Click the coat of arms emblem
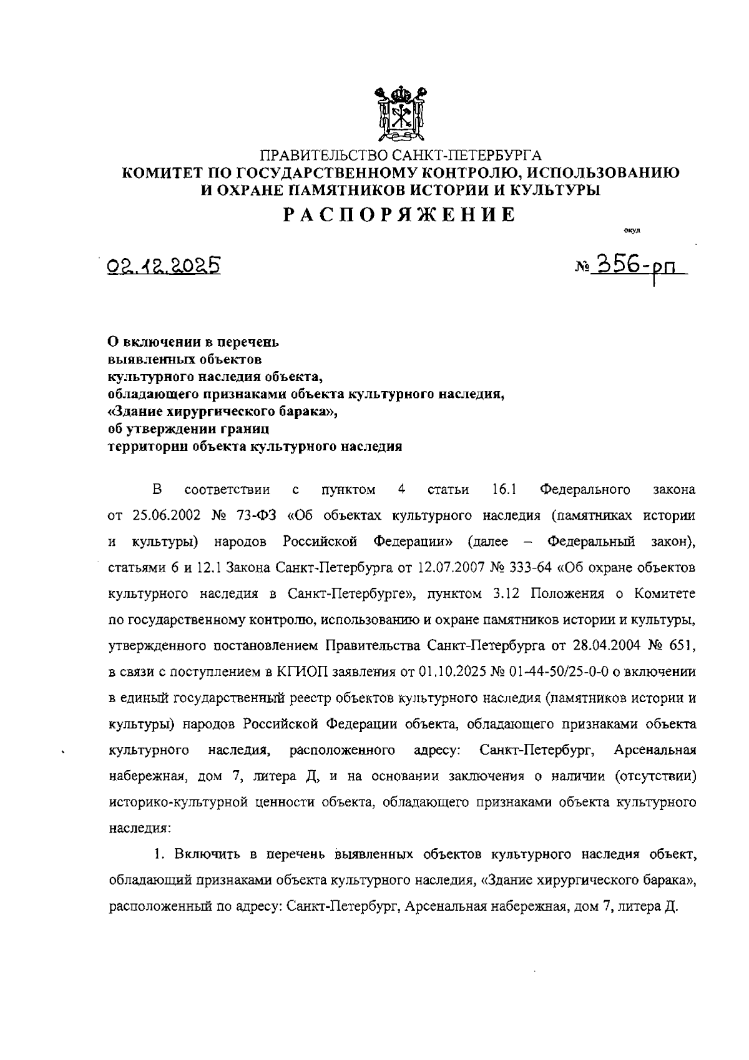[400, 114]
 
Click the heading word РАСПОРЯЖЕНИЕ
[400, 215]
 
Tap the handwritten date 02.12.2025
[165, 267]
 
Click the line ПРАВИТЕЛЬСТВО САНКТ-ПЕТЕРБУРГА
[400, 154]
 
